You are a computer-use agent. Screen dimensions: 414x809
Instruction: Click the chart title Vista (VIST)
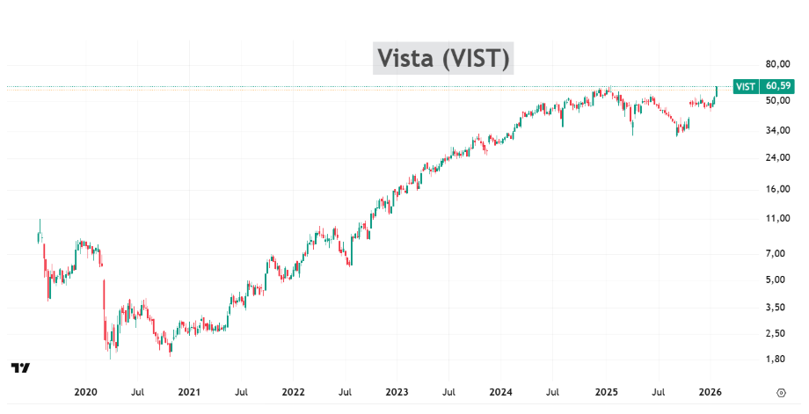pyautogui.click(x=442, y=58)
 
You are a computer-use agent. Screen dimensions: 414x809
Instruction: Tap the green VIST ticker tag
pyautogui.click(x=745, y=86)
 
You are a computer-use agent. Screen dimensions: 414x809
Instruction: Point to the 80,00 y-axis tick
pyautogui.click(x=776, y=64)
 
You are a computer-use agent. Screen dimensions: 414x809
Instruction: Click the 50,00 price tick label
pyautogui.click(x=776, y=100)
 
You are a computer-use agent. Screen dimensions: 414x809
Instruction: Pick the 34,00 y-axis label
pyautogui.click(x=776, y=131)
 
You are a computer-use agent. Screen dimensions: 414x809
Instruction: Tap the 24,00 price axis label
pyautogui.click(x=776, y=158)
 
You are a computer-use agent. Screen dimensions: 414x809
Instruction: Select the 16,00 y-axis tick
pyautogui.click(x=776, y=190)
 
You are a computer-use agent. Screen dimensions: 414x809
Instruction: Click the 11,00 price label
pyautogui.click(x=776, y=219)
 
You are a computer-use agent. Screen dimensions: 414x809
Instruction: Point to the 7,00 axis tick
pyautogui.click(x=776, y=254)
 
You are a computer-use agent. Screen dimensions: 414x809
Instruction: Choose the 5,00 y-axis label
pyautogui.click(x=776, y=280)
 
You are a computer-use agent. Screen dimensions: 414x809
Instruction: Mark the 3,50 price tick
pyautogui.click(x=776, y=308)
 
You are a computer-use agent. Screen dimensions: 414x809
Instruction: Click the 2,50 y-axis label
pyautogui.click(x=776, y=334)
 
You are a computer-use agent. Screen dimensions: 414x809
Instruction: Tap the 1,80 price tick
pyautogui.click(x=776, y=360)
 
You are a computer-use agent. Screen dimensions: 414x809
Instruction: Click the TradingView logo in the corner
pyautogui.click(x=21, y=367)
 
